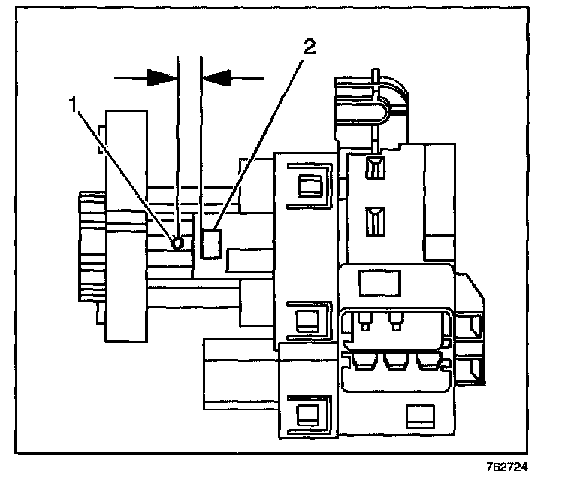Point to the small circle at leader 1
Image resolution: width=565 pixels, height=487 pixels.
coord(178,243)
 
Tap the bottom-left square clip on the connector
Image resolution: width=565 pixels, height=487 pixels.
coord(307,413)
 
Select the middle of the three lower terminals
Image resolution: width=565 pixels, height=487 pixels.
coord(396,362)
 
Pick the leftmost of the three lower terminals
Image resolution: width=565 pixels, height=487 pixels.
coord(364,362)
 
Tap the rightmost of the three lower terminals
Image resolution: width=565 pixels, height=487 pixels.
coord(428,362)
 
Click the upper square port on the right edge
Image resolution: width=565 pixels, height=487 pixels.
coord(473,325)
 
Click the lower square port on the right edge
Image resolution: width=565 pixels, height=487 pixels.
coord(473,368)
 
